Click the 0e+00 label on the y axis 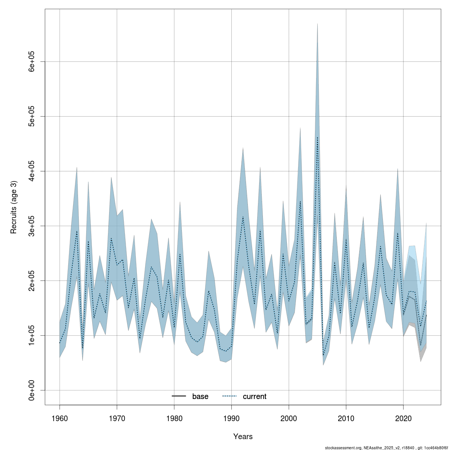tap(32, 390)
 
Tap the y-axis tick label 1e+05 tap(32, 335)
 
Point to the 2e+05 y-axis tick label tap(32, 280)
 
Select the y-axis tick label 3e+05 tap(32, 226)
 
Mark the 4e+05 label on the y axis tap(32, 171)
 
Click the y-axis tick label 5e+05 tap(32, 116)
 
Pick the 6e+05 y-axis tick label tap(32, 61)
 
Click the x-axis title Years tap(243, 436)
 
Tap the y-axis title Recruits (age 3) tap(14, 207)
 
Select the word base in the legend tap(200, 396)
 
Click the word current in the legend tap(255, 396)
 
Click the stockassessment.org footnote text tap(386, 447)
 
